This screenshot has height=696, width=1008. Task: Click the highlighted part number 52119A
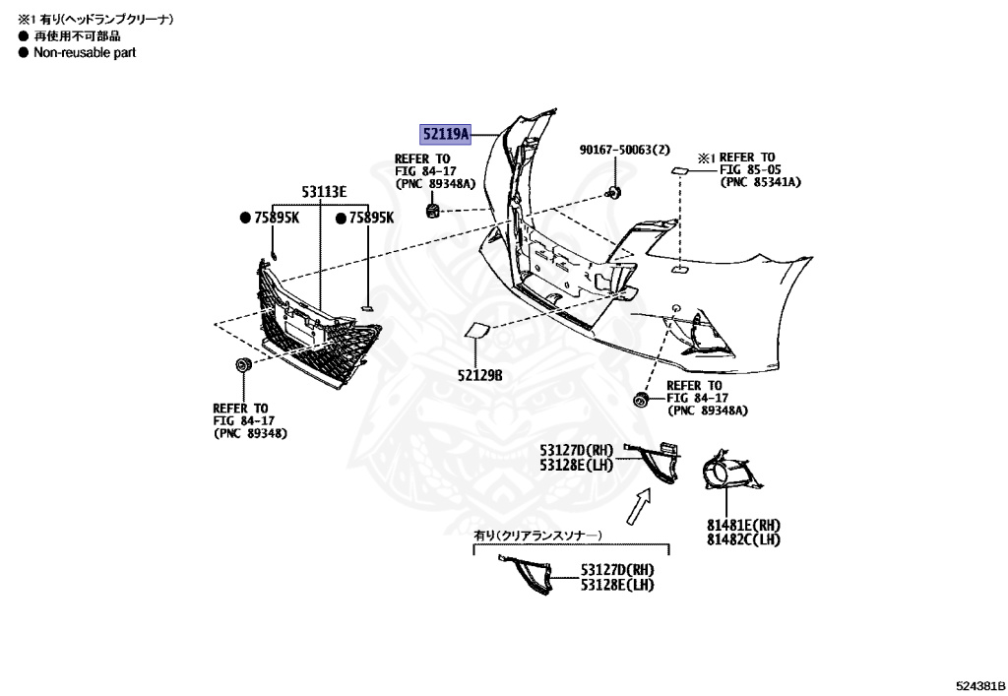coord(446,134)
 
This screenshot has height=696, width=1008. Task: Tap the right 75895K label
coord(371,218)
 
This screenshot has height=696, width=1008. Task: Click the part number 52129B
coord(479,375)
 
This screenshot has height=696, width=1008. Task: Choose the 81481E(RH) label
coord(743,526)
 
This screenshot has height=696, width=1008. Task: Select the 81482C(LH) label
coord(743,539)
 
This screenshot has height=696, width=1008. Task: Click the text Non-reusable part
coord(85,53)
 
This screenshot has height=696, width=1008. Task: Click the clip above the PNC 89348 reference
coord(242,366)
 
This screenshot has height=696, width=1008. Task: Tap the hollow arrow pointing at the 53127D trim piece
coord(639,508)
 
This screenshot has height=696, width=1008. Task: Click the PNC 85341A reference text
coord(760,182)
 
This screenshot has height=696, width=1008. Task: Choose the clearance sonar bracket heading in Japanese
coord(537,535)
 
